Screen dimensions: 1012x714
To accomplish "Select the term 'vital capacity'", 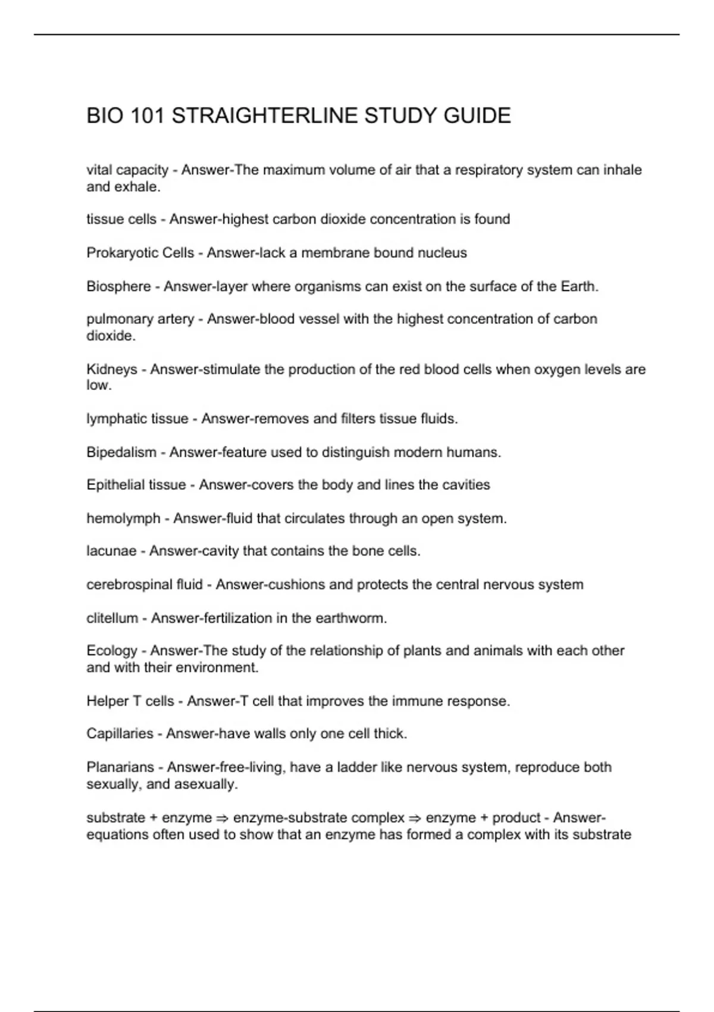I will (127, 170).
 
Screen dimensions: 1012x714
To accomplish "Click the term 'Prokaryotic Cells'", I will (140, 253).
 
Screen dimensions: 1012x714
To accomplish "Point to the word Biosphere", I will (118, 286).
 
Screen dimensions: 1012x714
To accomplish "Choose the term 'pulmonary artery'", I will (140, 319).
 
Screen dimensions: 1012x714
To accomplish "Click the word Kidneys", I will (112, 370).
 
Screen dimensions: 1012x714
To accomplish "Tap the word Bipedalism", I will (121, 452).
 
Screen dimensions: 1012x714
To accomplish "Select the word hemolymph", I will (123, 519).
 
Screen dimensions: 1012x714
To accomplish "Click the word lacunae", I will (111, 551).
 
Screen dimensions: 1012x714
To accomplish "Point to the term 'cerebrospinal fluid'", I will (145, 585).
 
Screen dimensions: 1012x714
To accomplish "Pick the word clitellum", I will (112, 619).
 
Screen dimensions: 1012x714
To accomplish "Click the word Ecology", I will (112, 651).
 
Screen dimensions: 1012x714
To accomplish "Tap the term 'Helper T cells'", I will (130, 701).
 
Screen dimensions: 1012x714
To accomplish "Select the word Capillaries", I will (120, 733).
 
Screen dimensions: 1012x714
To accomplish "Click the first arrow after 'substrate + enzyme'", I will (223, 819).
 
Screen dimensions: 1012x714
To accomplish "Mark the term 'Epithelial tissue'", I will (136, 485).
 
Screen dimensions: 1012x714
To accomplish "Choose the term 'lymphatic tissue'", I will (137, 419).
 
